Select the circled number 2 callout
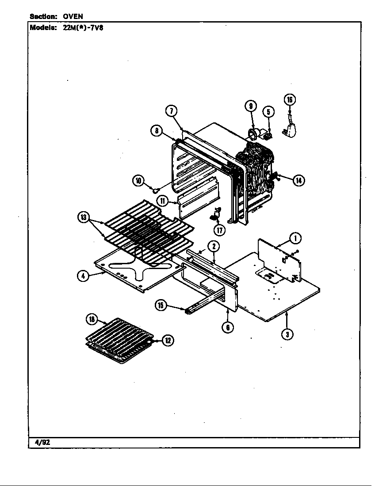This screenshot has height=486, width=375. coord(213,247)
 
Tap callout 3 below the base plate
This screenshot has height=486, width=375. coord(287,334)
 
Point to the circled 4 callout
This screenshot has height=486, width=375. coord(82,276)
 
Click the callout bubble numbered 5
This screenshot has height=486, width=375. coord(268,112)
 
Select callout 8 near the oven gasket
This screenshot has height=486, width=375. coord(156,131)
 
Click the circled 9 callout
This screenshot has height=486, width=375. coord(250,106)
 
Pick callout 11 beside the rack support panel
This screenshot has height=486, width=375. coord(163,201)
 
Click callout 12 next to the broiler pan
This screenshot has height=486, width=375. coord(168,340)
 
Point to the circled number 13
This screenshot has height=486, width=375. coord(83,217)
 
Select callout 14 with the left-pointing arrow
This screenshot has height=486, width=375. coord(299,180)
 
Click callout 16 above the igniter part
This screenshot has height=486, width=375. coord(290,100)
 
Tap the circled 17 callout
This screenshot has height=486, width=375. coord(219,230)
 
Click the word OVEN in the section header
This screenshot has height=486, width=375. coord(73,16)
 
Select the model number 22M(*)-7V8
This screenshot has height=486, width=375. coord(83,27)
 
